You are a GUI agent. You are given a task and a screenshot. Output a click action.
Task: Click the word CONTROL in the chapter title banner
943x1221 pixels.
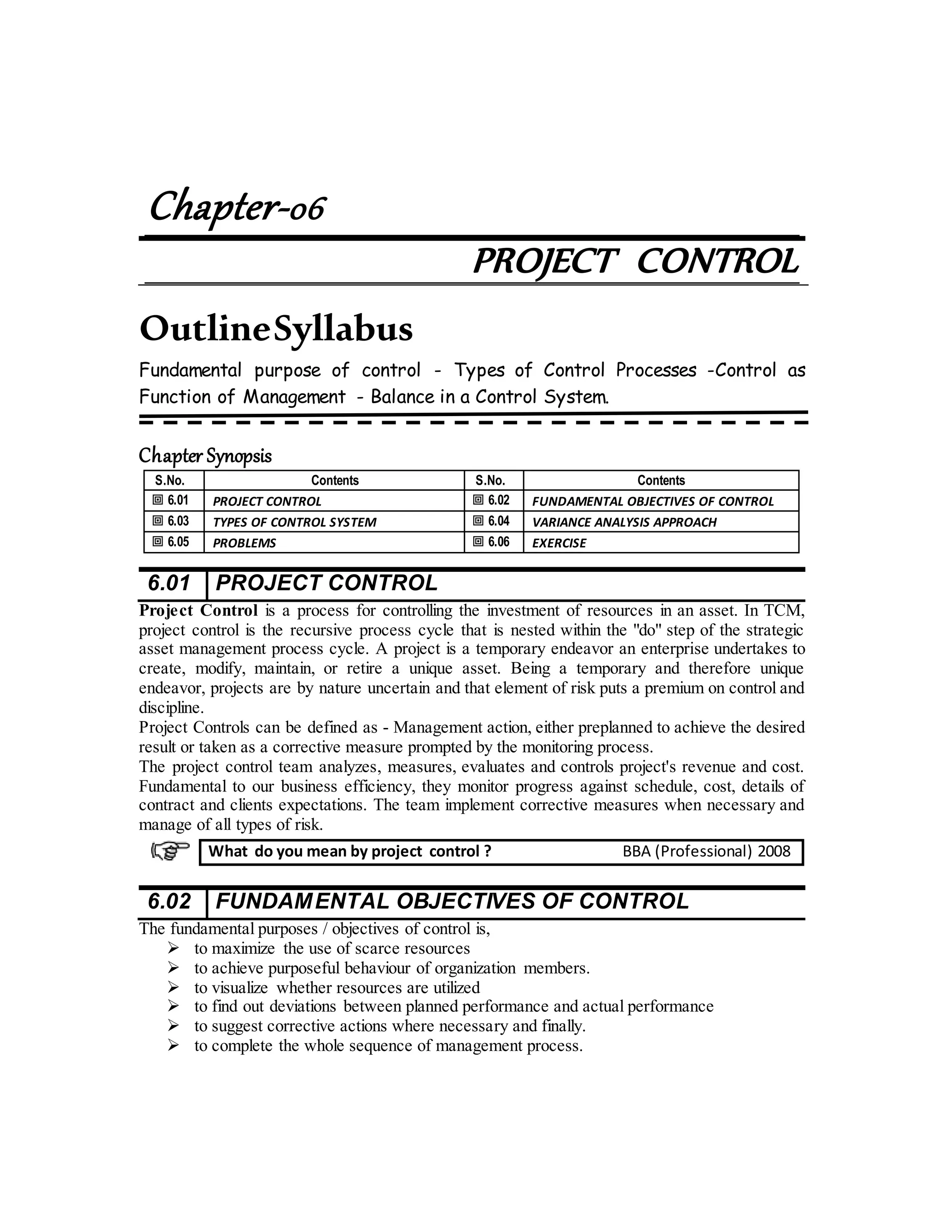(x=717, y=262)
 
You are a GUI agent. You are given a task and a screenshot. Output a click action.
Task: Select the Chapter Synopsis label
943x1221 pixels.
(x=205, y=456)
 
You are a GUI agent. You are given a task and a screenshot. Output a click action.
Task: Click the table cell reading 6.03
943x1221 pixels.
(x=173, y=521)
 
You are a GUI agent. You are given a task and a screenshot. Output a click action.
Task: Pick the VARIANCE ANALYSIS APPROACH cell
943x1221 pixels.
(x=624, y=522)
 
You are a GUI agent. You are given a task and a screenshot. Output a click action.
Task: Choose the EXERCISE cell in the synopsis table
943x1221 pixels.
(x=559, y=543)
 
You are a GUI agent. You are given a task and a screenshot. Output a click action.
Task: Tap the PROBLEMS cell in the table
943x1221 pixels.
(x=244, y=543)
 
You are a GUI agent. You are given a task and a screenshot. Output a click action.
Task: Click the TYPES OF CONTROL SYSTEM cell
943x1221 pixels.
(x=294, y=522)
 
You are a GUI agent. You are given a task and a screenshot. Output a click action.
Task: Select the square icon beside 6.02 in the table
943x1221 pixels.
(x=478, y=500)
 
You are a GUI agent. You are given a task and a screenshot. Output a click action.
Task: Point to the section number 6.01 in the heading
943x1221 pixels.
(x=169, y=583)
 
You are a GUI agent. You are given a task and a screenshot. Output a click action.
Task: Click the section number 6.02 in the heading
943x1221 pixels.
(x=169, y=901)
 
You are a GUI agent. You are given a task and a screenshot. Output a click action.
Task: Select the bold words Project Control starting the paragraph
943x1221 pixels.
(x=198, y=610)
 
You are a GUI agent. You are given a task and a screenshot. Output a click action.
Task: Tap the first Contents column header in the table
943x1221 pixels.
(x=335, y=480)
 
